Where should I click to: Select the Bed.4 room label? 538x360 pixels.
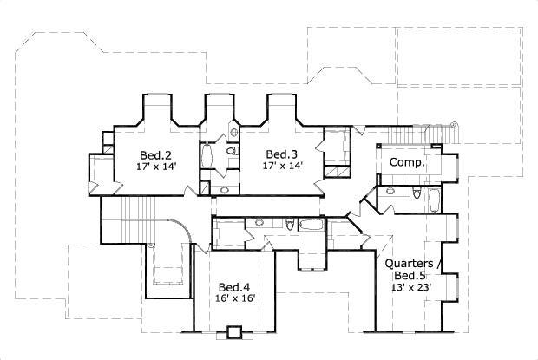(x=234, y=287)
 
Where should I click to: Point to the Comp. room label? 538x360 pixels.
(x=406, y=162)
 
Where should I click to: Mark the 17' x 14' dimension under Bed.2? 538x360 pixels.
(x=154, y=166)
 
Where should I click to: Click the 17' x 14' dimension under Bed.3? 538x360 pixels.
(x=283, y=166)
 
